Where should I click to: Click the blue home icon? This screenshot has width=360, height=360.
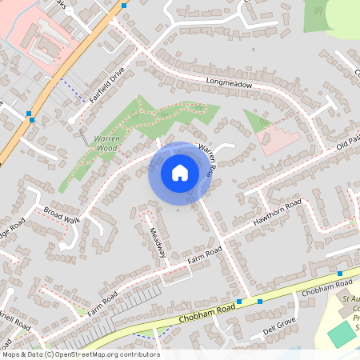(180, 173)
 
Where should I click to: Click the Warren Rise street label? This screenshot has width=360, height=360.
(206, 160)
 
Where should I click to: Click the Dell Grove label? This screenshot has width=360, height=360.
(280, 325)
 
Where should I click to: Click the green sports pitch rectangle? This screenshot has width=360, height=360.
(342, 334)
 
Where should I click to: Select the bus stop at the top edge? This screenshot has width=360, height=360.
(124, 6)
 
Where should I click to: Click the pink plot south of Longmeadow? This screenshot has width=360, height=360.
(280, 138)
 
